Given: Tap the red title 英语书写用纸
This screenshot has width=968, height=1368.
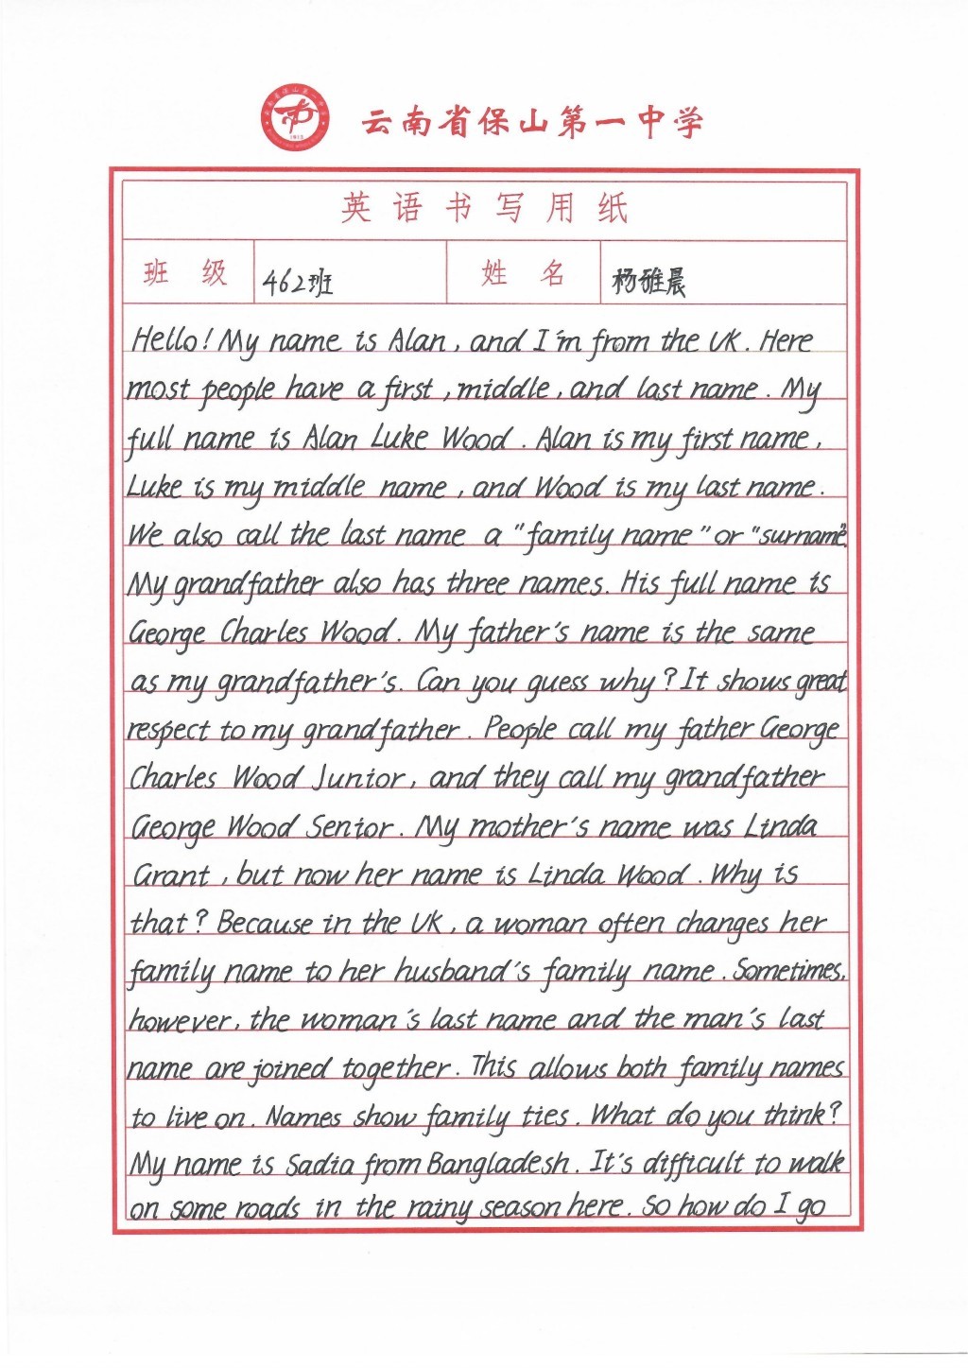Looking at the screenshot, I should [x=484, y=208].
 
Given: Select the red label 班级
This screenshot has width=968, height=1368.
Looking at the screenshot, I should [x=186, y=273].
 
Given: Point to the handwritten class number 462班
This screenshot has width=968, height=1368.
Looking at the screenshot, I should [x=298, y=282].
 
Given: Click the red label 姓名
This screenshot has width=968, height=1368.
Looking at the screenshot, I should [x=523, y=274].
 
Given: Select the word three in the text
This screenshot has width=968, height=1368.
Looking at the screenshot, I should [x=477, y=583].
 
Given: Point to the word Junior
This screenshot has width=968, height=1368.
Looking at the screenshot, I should [x=357, y=779].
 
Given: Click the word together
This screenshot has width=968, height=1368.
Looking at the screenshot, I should [x=396, y=1069].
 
